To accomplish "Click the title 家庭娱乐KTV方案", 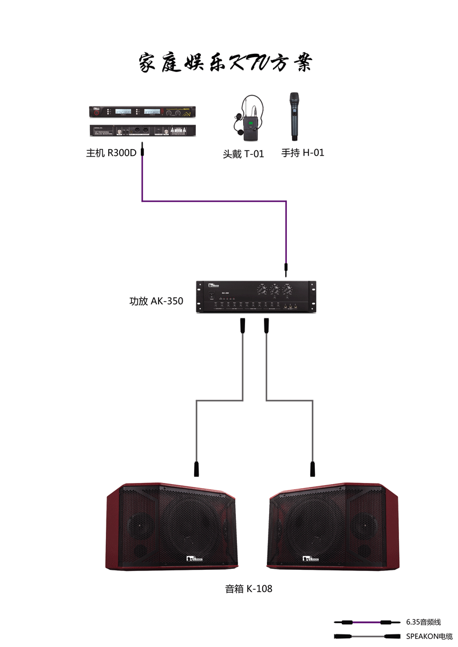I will [x=226, y=62].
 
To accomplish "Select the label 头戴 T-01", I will [x=243, y=154].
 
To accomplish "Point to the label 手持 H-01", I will [x=302, y=153].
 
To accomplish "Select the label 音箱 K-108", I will [x=248, y=589].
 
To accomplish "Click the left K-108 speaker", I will [x=172, y=526].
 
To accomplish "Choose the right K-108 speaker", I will [x=335, y=526].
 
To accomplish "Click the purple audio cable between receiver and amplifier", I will [x=213, y=201].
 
